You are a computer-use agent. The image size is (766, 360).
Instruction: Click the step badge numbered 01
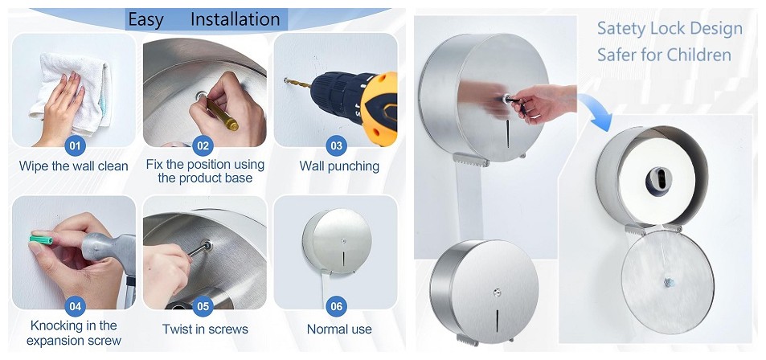tap(75, 146)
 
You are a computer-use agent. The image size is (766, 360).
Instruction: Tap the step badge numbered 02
tap(204, 146)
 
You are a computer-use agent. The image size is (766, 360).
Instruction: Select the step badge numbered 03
tap(336, 146)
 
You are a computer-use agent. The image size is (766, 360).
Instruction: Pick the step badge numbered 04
tap(75, 306)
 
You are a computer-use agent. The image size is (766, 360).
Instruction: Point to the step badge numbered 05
tap(204, 306)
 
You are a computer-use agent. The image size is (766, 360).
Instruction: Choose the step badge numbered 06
tap(336, 306)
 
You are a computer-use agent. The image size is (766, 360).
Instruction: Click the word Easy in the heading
tap(145, 19)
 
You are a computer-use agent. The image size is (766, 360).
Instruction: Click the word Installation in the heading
tap(235, 19)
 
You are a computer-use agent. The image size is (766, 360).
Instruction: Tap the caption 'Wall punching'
tap(339, 166)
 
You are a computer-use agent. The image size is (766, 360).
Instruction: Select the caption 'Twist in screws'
tap(205, 329)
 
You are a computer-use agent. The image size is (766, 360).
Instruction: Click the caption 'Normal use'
tap(339, 329)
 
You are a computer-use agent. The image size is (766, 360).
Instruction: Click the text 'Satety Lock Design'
tap(669, 29)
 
